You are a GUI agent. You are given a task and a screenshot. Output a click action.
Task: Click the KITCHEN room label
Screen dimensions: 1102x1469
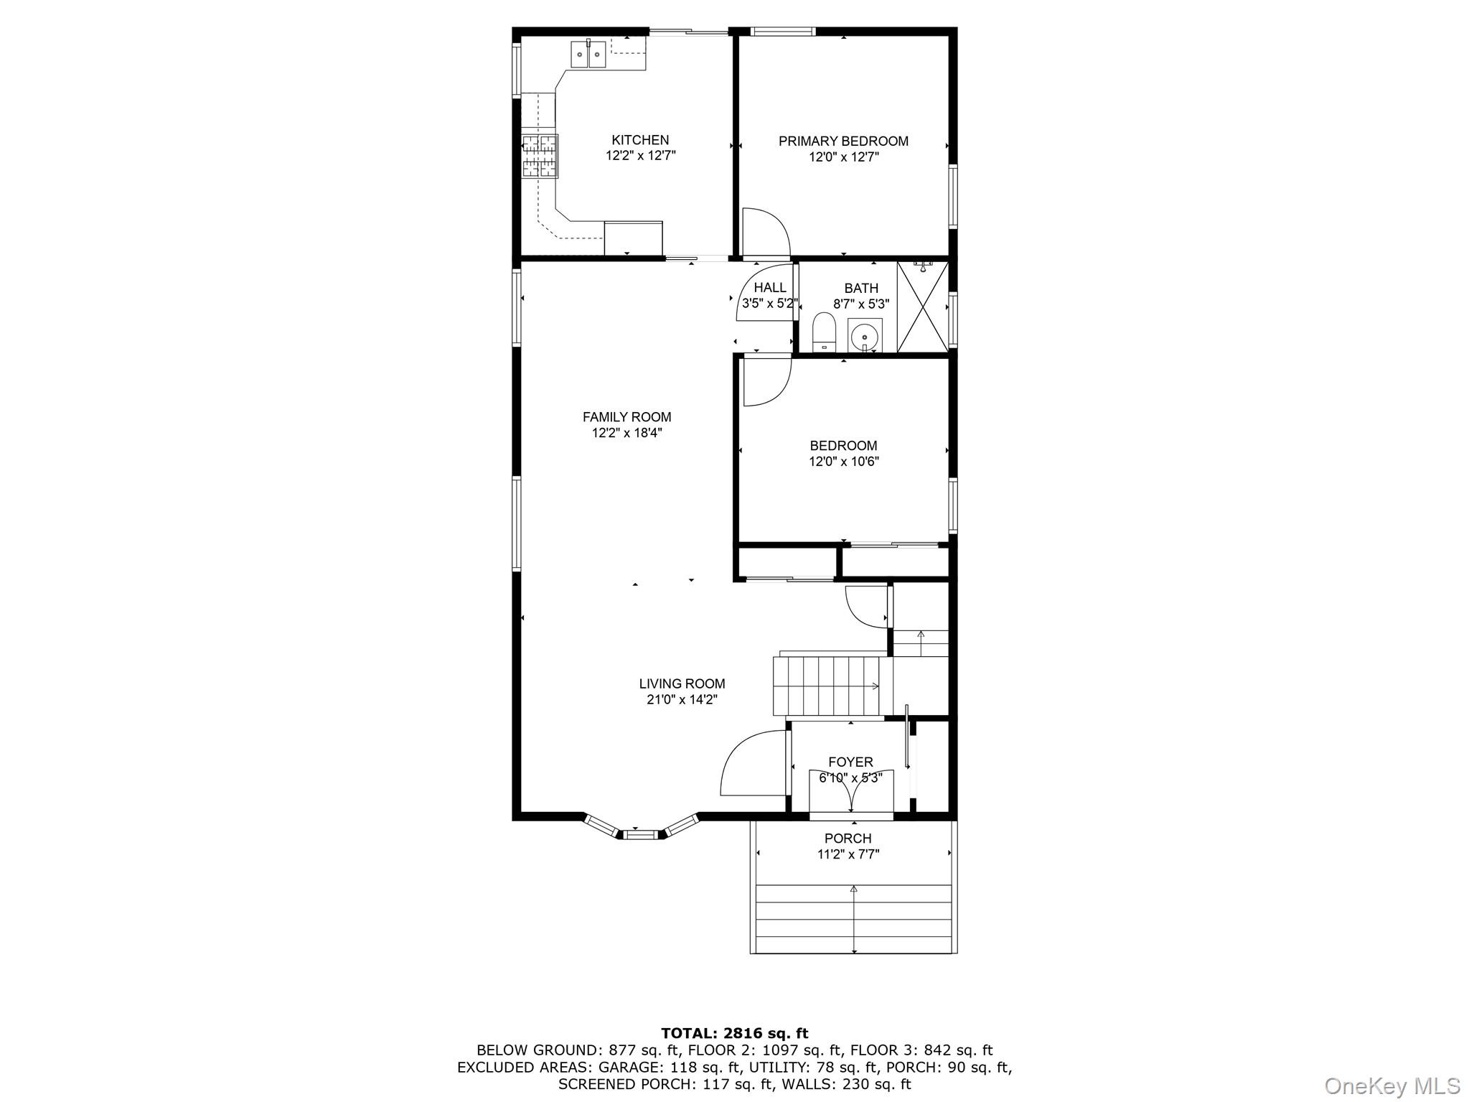[640, 140]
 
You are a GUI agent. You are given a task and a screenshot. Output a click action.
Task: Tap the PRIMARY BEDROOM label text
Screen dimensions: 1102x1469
[843, 141]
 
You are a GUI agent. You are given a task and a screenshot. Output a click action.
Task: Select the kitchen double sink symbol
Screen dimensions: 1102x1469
[588, 55]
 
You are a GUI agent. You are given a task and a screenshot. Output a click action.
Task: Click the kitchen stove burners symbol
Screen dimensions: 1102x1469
[540, 157]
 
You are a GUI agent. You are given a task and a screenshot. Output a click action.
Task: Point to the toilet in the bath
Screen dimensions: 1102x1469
[824, 334]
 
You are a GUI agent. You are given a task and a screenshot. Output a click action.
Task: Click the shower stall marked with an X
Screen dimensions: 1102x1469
[923, 307]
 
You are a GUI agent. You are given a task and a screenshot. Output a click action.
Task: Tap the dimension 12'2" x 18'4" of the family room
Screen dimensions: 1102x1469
[626, 433]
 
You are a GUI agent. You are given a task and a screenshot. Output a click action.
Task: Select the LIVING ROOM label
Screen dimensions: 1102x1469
[682, 683]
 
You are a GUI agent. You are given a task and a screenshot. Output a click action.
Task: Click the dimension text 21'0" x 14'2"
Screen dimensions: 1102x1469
[682, 700]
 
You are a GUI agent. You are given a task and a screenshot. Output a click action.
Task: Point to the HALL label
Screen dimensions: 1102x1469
[770, 288]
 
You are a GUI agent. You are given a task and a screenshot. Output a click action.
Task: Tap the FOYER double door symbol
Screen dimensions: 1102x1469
[851, 790]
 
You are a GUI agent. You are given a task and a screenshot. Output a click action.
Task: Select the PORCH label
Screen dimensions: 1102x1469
[848, 838]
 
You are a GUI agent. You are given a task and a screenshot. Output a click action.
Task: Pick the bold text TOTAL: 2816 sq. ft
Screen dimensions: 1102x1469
[734, 1033]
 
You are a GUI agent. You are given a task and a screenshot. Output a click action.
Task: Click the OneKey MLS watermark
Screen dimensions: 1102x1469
[1391, 1085]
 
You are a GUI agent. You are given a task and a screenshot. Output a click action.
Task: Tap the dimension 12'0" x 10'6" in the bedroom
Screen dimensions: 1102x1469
[843, 462]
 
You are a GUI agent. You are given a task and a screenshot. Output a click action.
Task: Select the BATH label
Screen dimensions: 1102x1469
[860, 288]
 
